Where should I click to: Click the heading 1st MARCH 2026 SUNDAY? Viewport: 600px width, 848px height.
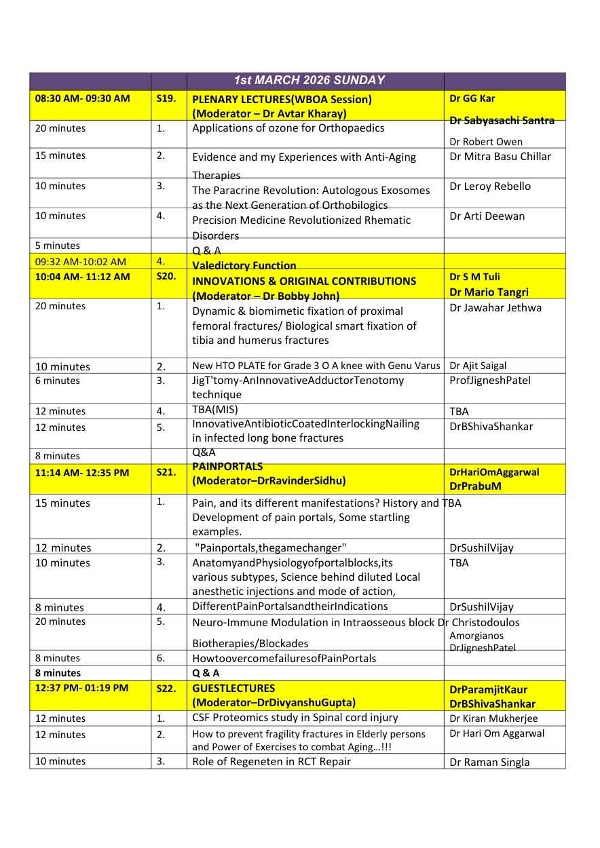click(309, 80)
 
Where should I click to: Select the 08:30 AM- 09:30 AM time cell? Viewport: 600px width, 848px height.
click(82, 98)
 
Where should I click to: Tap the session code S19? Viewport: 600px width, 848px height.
click(166, 98)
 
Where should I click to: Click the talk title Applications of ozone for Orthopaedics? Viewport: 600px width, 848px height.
click(288, 128)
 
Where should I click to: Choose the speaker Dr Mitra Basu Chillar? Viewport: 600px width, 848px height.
click(500, 156)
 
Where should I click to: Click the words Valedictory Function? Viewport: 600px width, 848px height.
click(244, 265)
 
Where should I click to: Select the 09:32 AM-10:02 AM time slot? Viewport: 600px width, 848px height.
click(81, 261)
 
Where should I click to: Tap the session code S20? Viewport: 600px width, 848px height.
click(166, 277)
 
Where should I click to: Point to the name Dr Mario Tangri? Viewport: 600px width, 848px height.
click(489, 292)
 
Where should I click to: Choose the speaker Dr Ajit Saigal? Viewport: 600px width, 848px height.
click(478, 366)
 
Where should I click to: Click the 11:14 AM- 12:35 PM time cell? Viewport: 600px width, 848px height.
click(82, 472)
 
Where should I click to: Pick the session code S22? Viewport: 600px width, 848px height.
click(166, 688)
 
